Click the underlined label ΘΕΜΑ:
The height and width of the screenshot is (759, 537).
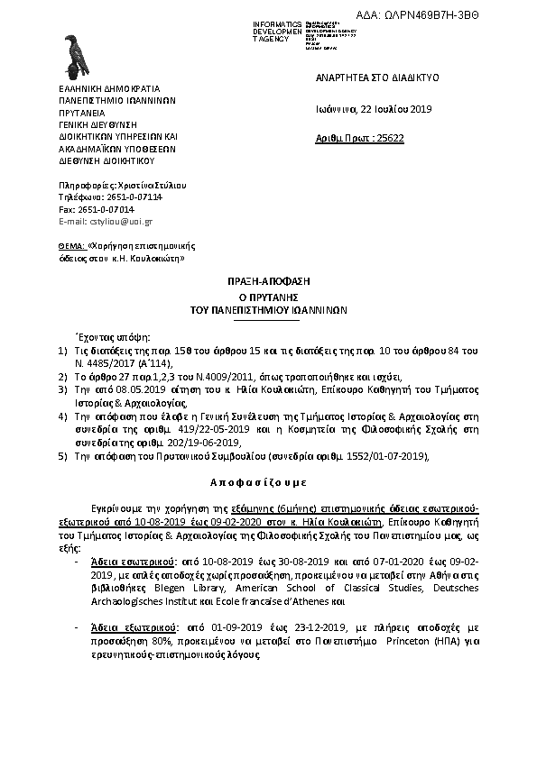click(x=71, y=245)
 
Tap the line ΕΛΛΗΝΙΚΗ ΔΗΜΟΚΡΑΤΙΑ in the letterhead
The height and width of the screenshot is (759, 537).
click(x=108, y=89)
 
